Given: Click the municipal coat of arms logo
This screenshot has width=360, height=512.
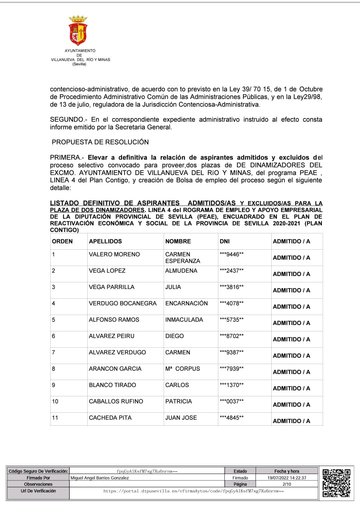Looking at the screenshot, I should [x=78, y=30].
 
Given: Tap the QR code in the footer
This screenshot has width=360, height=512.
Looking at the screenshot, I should [x=336, y=483].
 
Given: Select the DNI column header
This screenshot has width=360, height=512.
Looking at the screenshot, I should [x=225, y=241].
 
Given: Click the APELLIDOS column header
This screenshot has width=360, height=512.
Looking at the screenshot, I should [x=105, y=241].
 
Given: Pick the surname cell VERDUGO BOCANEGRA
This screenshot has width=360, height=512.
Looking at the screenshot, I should [x=123, y=303].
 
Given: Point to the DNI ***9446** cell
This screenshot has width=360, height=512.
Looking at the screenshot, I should [x=232, y=254].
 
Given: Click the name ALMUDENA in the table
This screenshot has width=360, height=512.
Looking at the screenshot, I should [x=181, y=271].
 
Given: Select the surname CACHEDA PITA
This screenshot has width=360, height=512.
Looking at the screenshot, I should [x=110, y=418].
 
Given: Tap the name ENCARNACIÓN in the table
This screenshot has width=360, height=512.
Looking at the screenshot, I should [x=186, y=303].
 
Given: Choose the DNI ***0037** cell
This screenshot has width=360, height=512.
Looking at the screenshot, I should [x=232, y=401].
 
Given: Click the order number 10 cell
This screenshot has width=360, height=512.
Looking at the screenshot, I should [x=55, y=401].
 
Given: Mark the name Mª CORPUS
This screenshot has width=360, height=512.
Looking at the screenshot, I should [x=183, y=369].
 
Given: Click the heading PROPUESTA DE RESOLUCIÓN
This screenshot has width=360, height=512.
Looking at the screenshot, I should [x=100, y=142].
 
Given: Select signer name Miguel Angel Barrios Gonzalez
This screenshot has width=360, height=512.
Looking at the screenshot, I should [x=100, y=478].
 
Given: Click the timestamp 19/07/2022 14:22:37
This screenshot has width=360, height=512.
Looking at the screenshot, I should [x=287, y=478].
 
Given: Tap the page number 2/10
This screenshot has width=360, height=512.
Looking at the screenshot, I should [x=287, y=484].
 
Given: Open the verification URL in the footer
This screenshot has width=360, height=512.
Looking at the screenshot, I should [x=194, y=491].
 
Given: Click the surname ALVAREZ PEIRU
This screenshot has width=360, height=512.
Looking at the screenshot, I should [x=112, y=336].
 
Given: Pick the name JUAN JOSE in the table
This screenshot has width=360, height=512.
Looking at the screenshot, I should [x=181, y=418].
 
